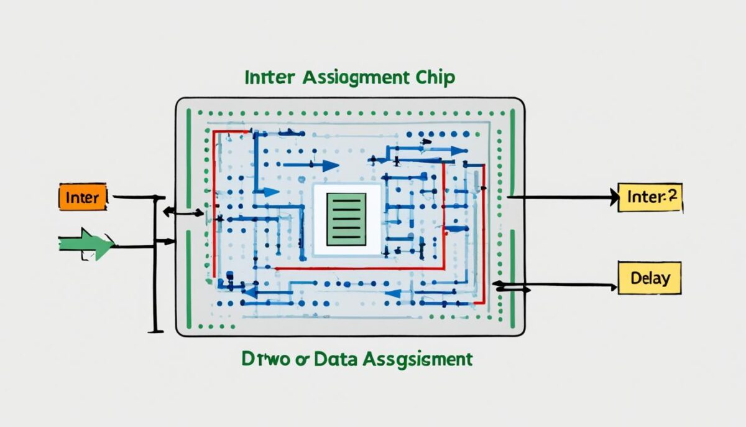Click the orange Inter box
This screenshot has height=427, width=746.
pyautogui.click(x=82, y=197)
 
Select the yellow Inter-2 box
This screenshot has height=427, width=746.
pyautogui.click(x=650, y=197)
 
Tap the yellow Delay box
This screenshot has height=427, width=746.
pyautogui.click(x=649, y=278)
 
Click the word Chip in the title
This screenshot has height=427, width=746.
pyautogui.click(x=433, y=78)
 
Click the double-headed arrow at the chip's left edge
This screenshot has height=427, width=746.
pyautogui.click(x=183, y=212)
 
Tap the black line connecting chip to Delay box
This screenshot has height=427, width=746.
pyautogui.click(x=572, y=285)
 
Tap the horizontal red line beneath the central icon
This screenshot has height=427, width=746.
pyautogui.click(x=361, y=268)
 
